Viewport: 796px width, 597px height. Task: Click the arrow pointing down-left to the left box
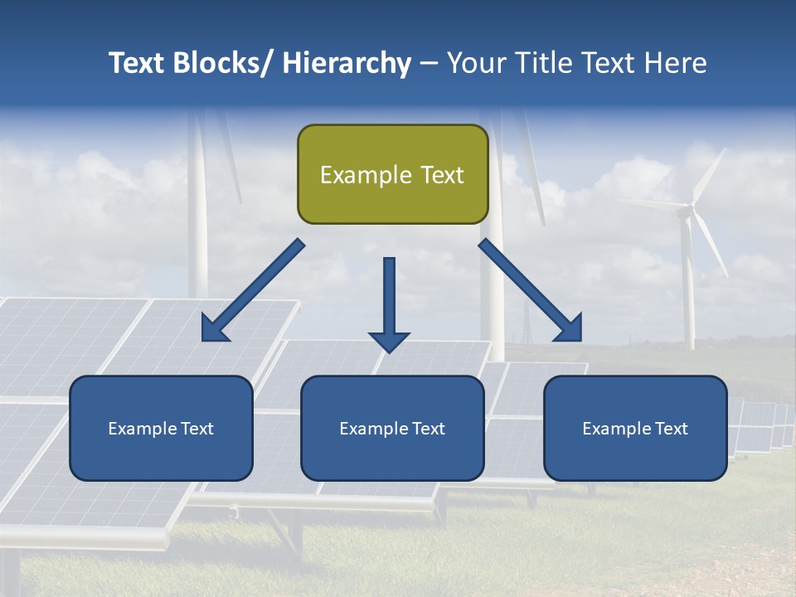pos(253,291)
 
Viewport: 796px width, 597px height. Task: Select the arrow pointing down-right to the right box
pos(531,291)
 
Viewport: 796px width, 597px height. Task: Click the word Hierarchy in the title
pos(347,63)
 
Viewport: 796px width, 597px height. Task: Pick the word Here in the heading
pos(677,63)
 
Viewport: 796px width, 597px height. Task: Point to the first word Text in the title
pos(137,63)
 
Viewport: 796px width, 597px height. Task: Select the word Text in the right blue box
pos(670,429)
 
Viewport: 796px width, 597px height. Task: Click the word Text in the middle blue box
pos(427,429)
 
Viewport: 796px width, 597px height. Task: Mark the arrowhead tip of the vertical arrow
pos(389,352)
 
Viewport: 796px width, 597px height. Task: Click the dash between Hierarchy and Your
pos(429,64)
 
